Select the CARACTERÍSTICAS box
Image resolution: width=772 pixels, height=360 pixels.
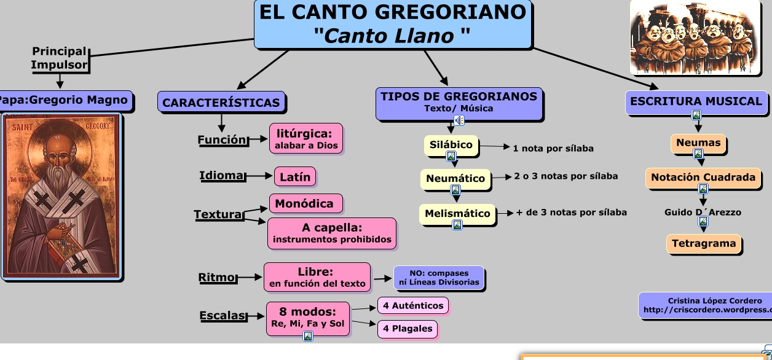221,103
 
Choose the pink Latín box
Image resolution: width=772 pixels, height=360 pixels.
295,177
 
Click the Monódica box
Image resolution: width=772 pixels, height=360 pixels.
304,203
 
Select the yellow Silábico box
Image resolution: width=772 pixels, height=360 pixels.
451,145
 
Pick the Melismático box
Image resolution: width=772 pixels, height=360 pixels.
458,214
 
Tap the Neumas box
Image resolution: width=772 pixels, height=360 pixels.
698,143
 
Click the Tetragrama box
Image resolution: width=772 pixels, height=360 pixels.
704,243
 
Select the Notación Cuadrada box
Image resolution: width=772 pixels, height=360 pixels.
703,177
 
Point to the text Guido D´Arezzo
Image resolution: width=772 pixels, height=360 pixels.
703,212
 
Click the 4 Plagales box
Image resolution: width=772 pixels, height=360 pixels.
408,329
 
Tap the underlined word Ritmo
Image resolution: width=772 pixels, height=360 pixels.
216,277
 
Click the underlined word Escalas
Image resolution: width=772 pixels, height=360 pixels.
222,316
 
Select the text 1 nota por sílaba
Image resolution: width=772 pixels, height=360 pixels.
553,148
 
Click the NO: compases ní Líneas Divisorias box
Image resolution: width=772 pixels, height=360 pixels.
439,278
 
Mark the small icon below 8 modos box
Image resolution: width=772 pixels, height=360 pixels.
308,335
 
